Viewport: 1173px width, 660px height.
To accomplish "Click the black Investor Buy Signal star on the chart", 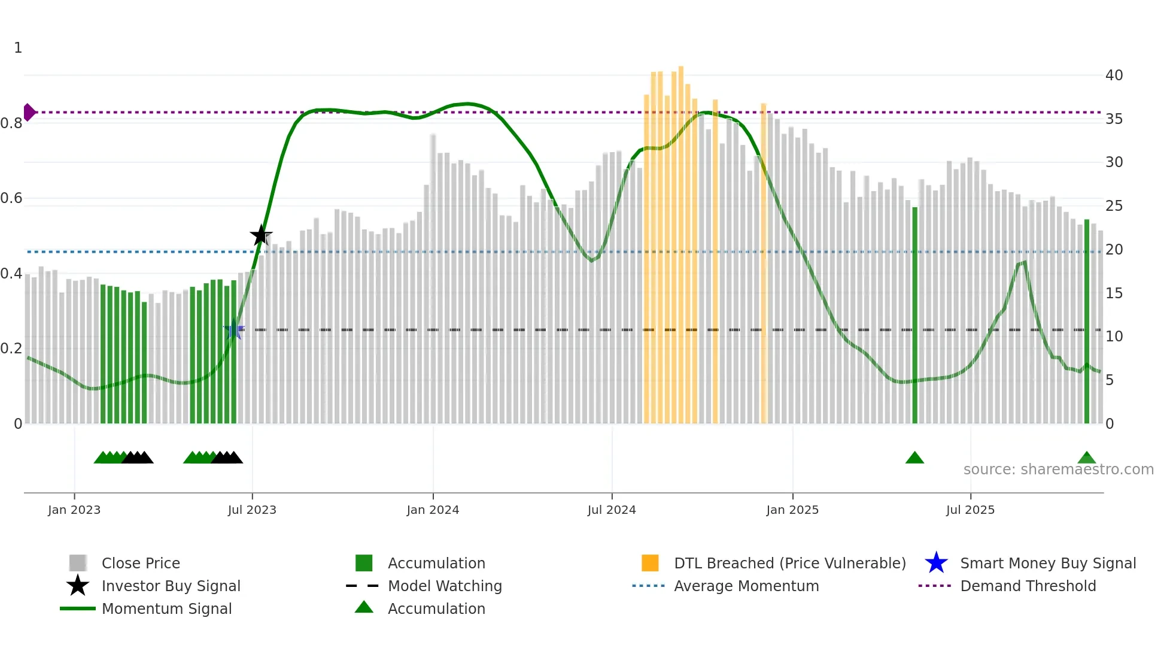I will (x=261, y=235).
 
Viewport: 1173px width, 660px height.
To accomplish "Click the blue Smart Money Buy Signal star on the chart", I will (x=235, y=329).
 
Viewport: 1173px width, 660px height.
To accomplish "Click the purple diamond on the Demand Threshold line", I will (x=29, y=112).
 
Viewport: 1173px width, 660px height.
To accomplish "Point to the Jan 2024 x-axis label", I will (x=433, y=510).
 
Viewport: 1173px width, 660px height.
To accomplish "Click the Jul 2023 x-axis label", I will (x=252, y=510).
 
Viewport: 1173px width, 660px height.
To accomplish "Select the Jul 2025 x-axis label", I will (x=970, y=510).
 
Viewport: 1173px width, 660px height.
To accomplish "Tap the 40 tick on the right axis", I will (x=1114, y=75).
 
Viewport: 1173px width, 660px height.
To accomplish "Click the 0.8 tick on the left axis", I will (x=11, y=123).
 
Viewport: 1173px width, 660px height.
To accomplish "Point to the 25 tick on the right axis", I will (x=1114, y=206).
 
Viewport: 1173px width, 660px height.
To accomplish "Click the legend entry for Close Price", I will (x=141, y=563).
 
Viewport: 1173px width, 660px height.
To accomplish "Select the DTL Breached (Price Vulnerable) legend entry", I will (x=789, y=563).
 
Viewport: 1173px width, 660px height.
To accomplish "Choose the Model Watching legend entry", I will (x=444, y=586).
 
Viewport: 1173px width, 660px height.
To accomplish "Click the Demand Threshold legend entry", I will (x=1028, y=586).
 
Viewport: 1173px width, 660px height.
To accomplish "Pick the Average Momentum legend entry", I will (x=746, y=586).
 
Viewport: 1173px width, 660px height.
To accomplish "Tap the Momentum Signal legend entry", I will (x=166, y=608).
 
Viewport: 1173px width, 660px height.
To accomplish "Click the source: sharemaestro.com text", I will (x=1058, y=470).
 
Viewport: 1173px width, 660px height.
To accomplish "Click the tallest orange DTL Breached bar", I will (x=681, y=240).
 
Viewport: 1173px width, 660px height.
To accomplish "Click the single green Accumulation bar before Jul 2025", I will (x=914, y=314).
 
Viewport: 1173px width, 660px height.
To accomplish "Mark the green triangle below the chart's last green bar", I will (x=1087, y=458).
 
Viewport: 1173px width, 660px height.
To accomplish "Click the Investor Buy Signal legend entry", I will (x=171, y=586).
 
